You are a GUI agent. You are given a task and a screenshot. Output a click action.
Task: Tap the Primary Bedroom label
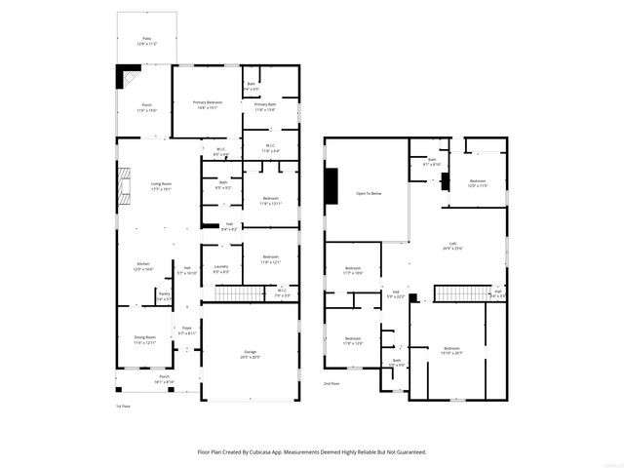(207, 102)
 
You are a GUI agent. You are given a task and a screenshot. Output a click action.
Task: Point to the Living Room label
(162, 183)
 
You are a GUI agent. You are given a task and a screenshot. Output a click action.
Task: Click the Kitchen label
(142, 264)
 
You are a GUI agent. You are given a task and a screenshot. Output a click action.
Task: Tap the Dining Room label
(144, 337)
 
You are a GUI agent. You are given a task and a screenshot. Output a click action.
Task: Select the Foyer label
(187, 329)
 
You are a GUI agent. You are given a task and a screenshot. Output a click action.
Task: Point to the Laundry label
(220, 268)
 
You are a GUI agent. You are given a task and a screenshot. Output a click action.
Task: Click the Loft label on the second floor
(452, 245)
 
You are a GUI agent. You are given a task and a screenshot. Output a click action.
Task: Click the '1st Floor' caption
(123, 406)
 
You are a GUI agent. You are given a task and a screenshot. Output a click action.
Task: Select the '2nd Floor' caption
(332, 384)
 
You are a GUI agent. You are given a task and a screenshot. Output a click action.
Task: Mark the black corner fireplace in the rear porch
(127, 76)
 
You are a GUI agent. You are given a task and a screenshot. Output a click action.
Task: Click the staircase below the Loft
(458, 293)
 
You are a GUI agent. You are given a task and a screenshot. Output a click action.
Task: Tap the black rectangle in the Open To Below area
(331, 186)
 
